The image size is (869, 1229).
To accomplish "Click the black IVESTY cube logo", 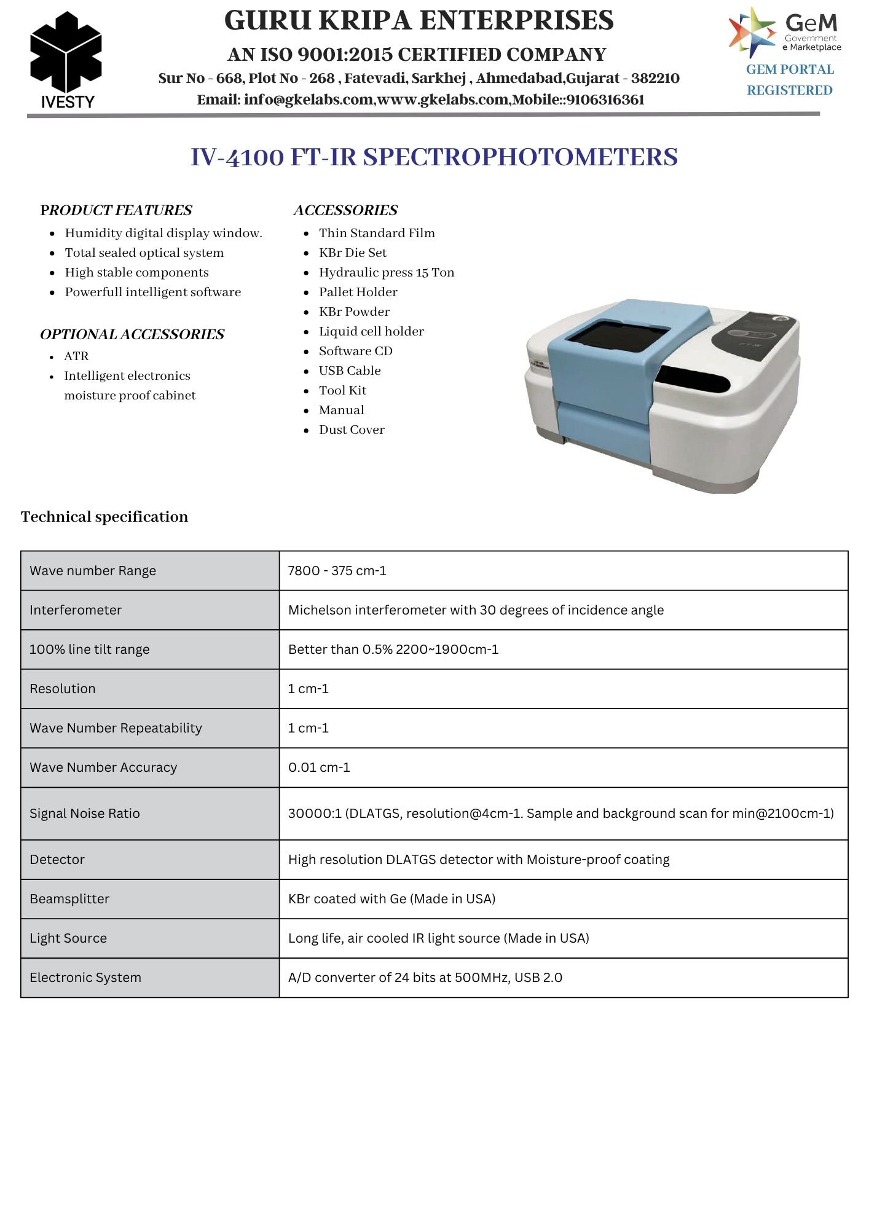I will (66, 52).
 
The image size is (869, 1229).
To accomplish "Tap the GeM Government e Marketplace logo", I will (785, 32).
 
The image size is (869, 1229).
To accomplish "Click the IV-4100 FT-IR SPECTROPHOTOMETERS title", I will (434, 157).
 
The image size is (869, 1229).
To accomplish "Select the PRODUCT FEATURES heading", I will (116, 210).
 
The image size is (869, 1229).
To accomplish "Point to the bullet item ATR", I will (76, 356).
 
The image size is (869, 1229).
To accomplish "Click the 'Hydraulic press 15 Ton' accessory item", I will (386, 272).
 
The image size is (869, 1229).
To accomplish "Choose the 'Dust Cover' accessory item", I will (352, 430).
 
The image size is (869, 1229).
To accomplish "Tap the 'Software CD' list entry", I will (355, 351).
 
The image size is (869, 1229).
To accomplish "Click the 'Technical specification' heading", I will (104, 517).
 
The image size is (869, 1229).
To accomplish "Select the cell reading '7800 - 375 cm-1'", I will (337, 571).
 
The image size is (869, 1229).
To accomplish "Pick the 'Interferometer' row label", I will (76, 610).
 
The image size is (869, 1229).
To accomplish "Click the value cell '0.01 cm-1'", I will (319, 768).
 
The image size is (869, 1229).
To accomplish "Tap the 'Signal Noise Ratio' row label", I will (85, 814).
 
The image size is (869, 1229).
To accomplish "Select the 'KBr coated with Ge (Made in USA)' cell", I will (391, 899).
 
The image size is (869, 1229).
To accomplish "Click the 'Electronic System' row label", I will (85, 978).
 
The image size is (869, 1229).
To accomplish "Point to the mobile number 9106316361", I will (605, 100).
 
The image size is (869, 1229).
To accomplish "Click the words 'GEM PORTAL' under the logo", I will (790, 69).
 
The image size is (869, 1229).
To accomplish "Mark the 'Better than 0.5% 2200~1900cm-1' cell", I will (393, 650).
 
